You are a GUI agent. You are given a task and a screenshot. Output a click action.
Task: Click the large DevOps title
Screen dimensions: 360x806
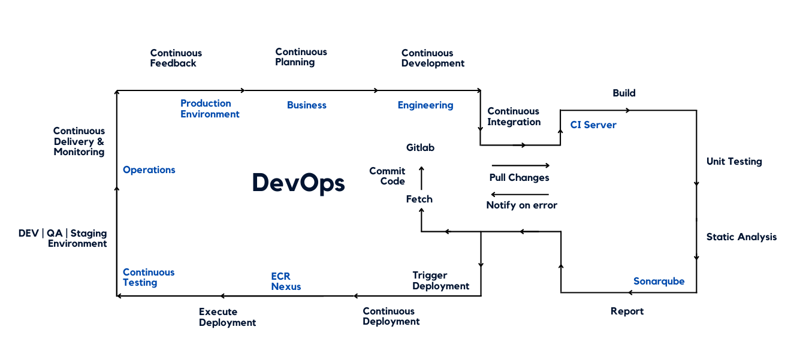pos(298,183)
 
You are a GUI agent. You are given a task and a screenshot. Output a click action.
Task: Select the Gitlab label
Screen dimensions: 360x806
pos(420,147)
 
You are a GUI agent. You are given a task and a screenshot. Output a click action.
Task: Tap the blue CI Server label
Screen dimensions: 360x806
pos(593,125)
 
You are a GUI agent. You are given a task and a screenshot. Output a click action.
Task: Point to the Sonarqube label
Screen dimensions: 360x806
pos(659,281)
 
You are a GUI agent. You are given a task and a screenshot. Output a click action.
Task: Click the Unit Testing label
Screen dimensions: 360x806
pos(734,161)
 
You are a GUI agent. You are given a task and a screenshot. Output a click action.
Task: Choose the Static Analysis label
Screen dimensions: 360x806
pos(741,237)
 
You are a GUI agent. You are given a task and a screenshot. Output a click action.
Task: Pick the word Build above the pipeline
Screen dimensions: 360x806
pos(624,93)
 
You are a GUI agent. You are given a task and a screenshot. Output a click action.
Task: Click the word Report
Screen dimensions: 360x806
pos(627,311)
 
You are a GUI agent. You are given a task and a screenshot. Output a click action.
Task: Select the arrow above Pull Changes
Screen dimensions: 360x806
pos(520,165)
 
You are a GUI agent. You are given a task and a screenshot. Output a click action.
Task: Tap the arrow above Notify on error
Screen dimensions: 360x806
pos(520,194)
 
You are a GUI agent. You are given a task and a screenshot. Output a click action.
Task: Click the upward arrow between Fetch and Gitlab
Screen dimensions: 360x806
pos(421,179)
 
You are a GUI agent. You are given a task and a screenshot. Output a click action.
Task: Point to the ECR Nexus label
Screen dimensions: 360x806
pos(286,282)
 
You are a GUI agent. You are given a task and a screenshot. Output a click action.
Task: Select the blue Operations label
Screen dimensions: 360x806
pos(149,170)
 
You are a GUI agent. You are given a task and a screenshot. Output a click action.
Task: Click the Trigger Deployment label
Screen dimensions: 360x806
pos(440,280)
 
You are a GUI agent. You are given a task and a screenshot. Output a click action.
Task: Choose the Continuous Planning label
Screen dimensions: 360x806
pos(301,57)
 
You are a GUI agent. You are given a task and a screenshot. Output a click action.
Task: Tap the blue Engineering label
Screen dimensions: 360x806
pos(425,105)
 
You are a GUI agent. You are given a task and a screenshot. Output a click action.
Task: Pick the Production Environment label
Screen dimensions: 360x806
pos(210,108)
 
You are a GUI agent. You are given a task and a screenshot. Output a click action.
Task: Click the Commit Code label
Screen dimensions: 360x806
pos(387,176)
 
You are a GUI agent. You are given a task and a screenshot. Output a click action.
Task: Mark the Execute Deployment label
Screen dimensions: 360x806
pos(227,317)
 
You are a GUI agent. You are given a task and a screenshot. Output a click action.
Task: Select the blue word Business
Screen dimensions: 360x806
pos(307,105)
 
